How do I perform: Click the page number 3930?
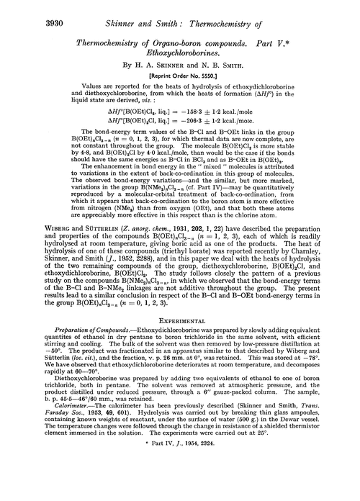(x=27, y=9)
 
